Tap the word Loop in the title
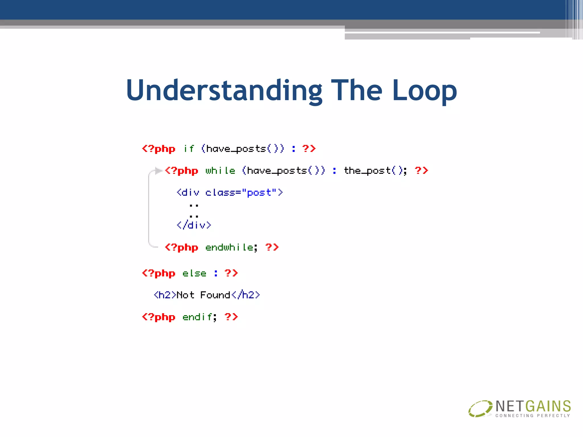click(x=424, y=90)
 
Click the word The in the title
click(x=356, y=90)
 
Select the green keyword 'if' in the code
click(x=189, y=149)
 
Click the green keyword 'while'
click(x=220, y=171)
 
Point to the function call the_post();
click(x=375, y=171)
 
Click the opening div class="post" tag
click(x=229, y=193)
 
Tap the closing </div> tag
click(x=194, y=225)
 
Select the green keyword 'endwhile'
click(x=229, y=247)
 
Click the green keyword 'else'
click(x=194, y=273)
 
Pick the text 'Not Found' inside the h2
click(x=203, y=295)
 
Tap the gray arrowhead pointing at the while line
click(x=159, y=171)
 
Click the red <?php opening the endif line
click(x=159, y=317)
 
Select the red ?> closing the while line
click(x=421, y=171)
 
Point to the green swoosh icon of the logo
click(x=480, y=409)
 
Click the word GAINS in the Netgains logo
click(x=548, y=406)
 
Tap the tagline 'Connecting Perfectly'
click(x=533, y=416)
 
